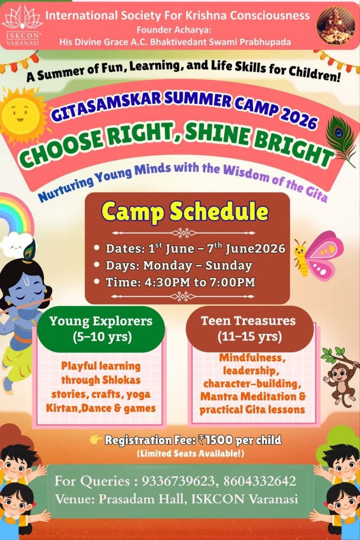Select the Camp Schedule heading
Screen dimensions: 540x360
click(185, 212)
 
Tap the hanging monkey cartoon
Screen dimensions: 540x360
click(340, 373)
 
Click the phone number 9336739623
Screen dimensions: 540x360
click(172, 481)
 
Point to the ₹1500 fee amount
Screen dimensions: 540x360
click(215, 440)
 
